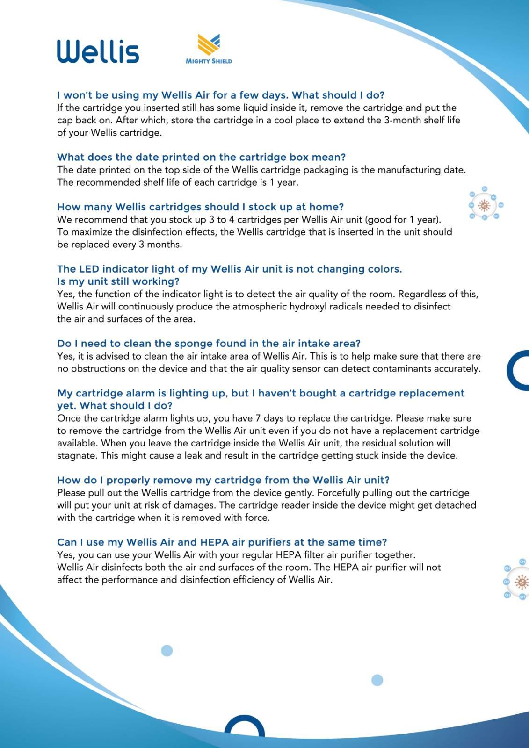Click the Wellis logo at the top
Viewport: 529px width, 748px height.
pos(98,51)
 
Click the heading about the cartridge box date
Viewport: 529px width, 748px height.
pos(201,157)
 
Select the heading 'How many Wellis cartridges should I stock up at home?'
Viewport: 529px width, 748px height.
pos(200,207)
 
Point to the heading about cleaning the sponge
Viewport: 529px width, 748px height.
pos(209,344)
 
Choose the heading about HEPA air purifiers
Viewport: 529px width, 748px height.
pos(222,542)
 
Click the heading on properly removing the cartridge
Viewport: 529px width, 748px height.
pos(223,480)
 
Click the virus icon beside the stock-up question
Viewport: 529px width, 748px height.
pos(485,205)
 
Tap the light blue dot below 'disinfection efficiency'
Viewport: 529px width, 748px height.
pos(167,650)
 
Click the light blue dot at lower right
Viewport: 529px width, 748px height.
pos(377,680)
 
